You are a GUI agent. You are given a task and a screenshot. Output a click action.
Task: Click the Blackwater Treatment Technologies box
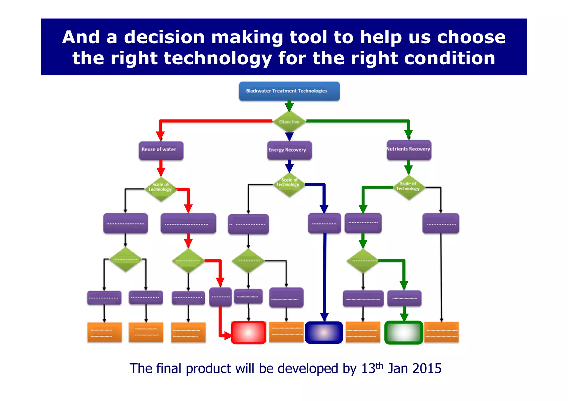[289, 91]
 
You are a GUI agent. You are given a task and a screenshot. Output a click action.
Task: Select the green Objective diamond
[289, 122]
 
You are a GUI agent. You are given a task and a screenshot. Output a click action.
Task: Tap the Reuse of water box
[161, 150]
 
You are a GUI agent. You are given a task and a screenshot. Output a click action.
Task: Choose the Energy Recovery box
[289, 150]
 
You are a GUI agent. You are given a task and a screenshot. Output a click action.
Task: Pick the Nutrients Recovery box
[409, 150]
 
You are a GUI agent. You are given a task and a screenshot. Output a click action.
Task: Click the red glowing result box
[248, 332]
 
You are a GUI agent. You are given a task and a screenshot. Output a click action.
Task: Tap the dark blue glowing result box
[324, 332]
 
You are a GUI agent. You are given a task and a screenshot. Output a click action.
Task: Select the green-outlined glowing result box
[404, 332]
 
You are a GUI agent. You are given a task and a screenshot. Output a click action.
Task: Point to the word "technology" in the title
[218, 58]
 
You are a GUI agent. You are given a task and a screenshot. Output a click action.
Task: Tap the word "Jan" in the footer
[397, 369]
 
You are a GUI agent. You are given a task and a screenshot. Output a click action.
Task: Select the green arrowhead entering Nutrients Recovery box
[408, 134]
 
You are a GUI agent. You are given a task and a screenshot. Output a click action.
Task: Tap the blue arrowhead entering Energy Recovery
[289, 136]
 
